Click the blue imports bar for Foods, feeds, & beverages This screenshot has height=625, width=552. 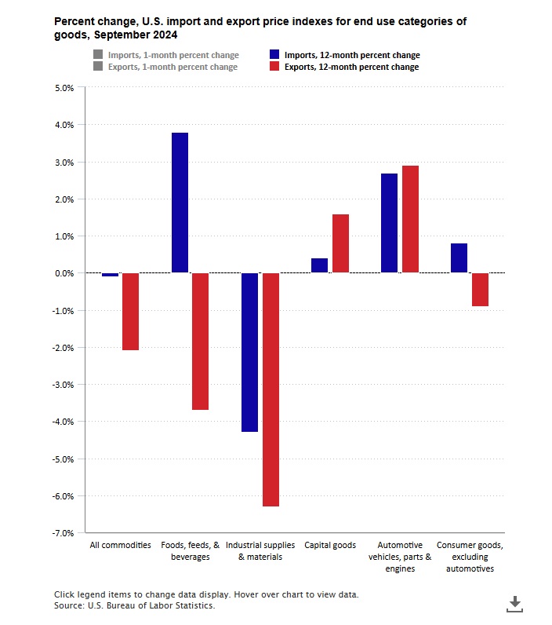point(180,203)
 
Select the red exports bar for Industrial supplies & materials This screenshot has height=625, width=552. point(271,389)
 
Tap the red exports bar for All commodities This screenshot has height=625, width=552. point(130,311)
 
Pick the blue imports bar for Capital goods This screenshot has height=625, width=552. point(319,265)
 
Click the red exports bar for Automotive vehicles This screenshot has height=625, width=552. point(410,219)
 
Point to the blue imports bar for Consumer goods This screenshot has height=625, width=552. point(459,258)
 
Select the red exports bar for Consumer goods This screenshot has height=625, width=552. point(480,289)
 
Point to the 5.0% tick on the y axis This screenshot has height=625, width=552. point(64,88)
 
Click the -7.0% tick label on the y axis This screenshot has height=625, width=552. point(63,533)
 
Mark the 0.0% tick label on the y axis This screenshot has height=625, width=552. point(64,273)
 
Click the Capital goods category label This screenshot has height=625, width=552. point(330,545)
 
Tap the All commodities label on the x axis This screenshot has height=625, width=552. point(120,545)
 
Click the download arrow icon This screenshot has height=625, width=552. point(514,603)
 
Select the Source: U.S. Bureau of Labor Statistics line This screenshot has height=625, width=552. point(134,605)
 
